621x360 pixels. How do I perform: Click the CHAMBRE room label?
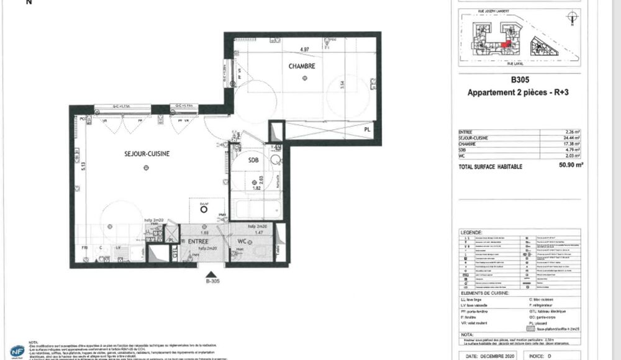[x=301, y=66]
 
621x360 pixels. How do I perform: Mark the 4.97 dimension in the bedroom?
[x=304, y=49]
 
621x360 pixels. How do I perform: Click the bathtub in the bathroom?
[x=255, y=209]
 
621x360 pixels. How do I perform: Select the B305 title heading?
[x=519, y=80]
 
